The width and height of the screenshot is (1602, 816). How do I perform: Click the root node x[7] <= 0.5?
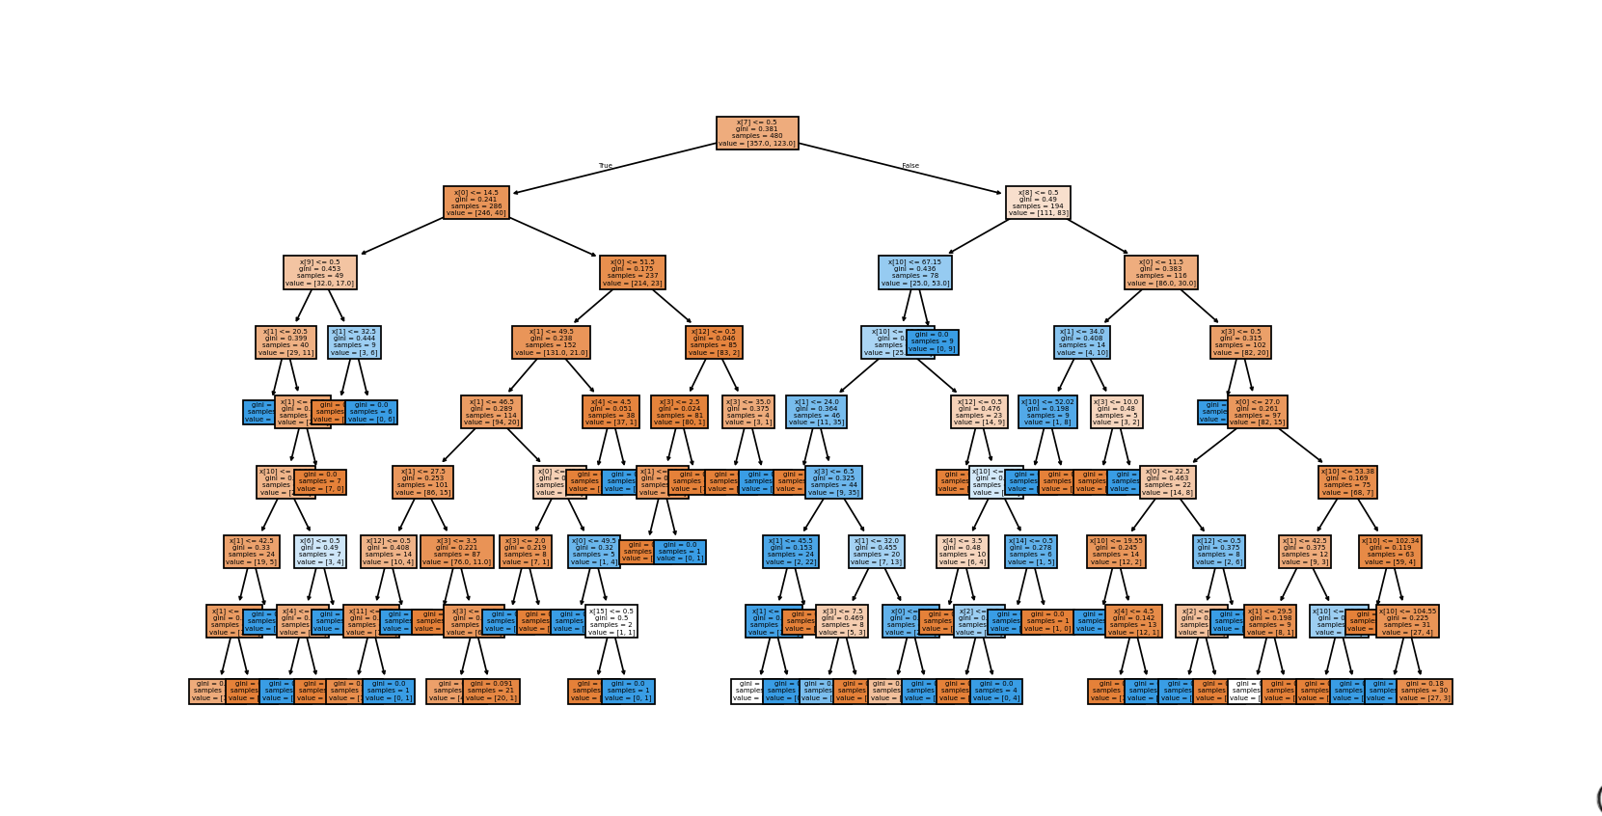[x=757, y=133]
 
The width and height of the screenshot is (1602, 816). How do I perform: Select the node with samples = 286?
[x=476, y=203]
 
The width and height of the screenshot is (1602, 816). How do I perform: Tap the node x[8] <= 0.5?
[x=1038, y=203]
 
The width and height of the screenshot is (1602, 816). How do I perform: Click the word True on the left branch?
[x=606, y=166]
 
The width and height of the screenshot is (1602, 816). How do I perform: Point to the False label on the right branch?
[x=910, y=166]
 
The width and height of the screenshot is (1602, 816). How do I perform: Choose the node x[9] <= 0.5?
[x=320, y=272]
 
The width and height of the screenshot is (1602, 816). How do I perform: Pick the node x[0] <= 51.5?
[x=633, y=272]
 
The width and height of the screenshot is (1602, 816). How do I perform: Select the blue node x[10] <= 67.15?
[x=915, y=272]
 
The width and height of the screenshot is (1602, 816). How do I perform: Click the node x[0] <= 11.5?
[x=1161, y=272]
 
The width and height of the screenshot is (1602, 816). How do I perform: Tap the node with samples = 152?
[x=551, y=342]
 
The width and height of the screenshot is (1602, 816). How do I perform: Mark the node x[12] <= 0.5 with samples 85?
[x=714, y=342]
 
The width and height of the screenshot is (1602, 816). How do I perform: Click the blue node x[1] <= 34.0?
[x=1081, y=342]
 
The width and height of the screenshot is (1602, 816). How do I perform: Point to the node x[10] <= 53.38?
[x=1347, y=481]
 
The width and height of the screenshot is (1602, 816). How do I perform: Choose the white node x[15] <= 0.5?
[x=611, y=621]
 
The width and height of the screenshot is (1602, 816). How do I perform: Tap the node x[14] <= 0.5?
[x=1031, y=551]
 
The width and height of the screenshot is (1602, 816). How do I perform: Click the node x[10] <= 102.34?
[x=1390, y=551]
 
